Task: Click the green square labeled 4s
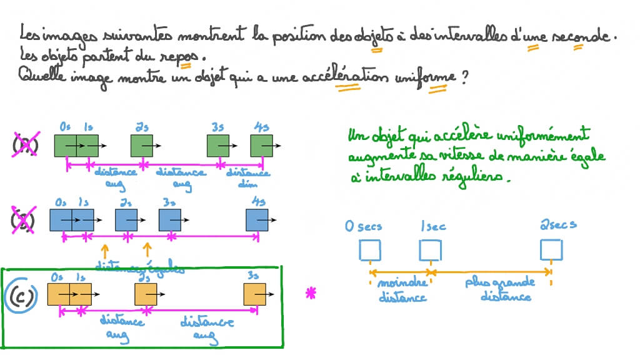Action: pos(261,146)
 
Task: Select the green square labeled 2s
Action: pos(142,146)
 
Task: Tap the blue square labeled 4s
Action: pos(256,220)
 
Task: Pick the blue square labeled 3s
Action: pos(170,220)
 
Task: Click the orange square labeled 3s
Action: pos(255,294)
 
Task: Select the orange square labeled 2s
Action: pos(146,294)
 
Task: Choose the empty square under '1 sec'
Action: pos(429,251)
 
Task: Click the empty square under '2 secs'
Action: pos(550,251)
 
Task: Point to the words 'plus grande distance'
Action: pos(506,289)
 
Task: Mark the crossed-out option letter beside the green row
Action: pos(26,146)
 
